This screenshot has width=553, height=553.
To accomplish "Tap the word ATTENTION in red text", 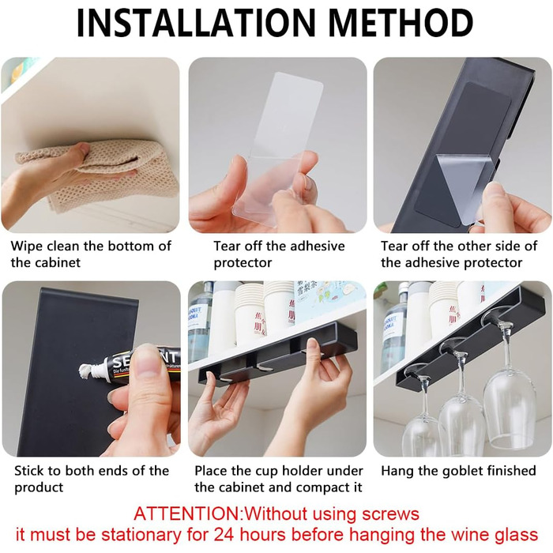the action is (x=187, y=513).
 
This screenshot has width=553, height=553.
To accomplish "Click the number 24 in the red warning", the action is (x=225, y=535).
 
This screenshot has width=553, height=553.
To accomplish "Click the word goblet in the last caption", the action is (x=457, y=471).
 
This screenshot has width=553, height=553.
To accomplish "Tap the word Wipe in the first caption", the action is (x=27, y=246).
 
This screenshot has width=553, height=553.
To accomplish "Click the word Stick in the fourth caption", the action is (x=29, y=471).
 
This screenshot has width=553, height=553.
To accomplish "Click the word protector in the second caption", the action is (x=243, y=263).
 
